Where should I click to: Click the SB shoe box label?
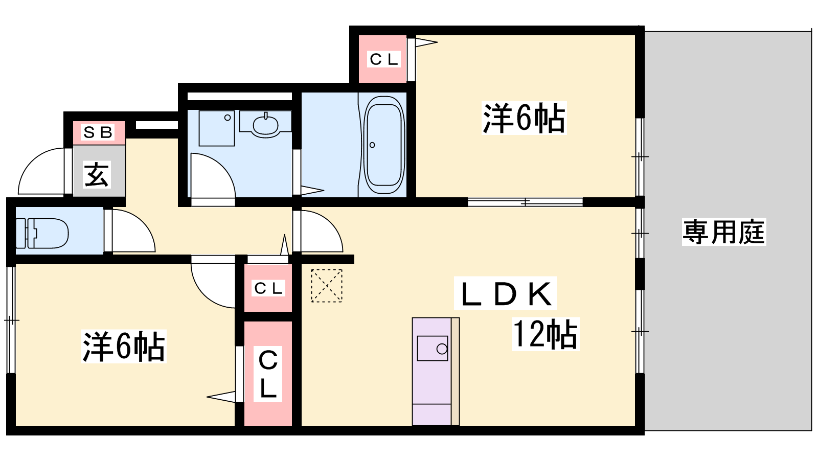coord(98,132)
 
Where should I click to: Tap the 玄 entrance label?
coord(97,175)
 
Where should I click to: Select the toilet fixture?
coord(42,233)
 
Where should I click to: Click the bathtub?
coord(384,145)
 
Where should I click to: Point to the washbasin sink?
coord(266,125)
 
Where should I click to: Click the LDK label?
coord(506,294)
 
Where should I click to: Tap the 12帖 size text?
coord(545,334)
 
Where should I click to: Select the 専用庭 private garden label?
coord(724,232)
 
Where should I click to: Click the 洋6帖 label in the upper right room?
coord(524,118)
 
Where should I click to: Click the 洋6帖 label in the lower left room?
coord(124,346)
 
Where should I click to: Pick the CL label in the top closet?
coord(383,59)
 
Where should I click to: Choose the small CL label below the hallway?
coord(268,288)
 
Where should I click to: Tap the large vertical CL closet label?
coord(268,374)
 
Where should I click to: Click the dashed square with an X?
coord(327,286)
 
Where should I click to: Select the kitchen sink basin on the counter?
coord(433,349)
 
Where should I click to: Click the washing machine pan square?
coord(217,128)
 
